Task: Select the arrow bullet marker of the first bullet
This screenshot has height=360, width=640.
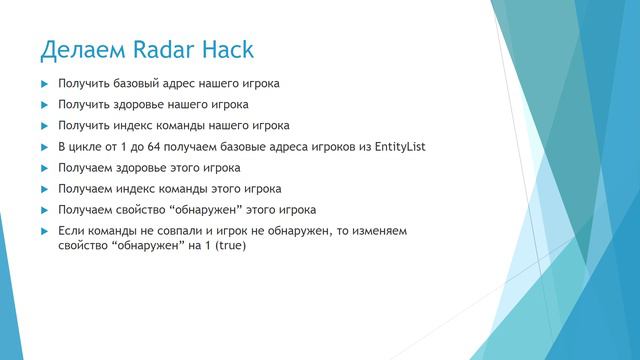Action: click(44, 83)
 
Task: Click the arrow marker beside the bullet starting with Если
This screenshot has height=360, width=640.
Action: click(44, 231)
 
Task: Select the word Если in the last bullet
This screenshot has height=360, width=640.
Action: click(71, 231)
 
